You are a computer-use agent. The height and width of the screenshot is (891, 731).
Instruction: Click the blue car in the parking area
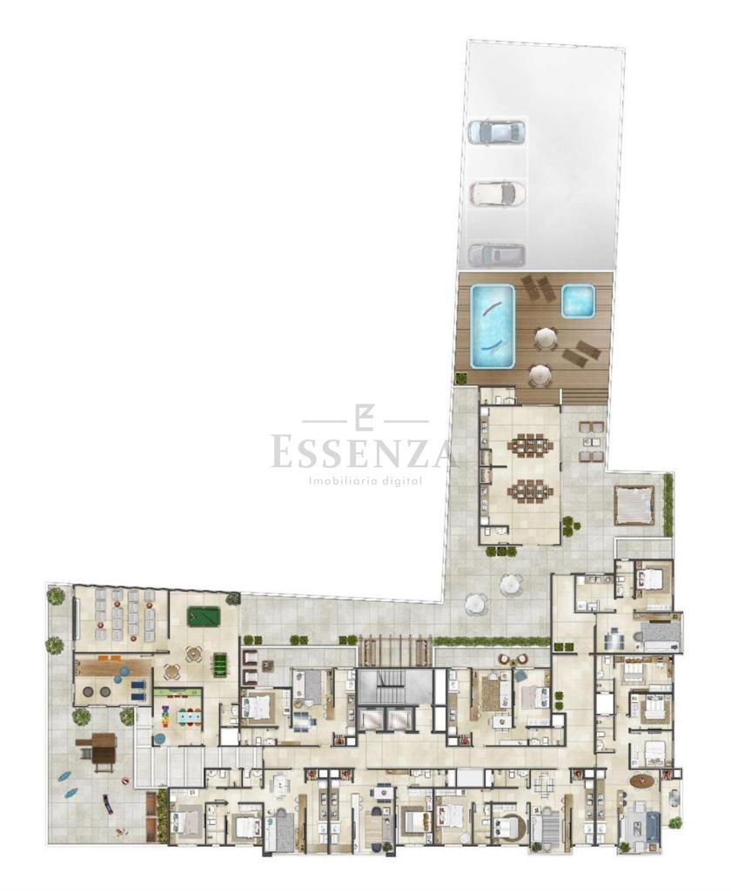[495, 131]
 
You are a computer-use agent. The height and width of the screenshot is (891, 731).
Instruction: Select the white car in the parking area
[498, 192]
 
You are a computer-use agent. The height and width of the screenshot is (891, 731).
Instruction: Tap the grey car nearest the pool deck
[496, 255]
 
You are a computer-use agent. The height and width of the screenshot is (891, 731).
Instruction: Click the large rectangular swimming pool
[493, 326]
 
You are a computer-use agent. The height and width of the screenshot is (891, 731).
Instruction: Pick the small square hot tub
[578, 300]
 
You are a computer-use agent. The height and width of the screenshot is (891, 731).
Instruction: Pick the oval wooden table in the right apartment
[642, 782]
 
